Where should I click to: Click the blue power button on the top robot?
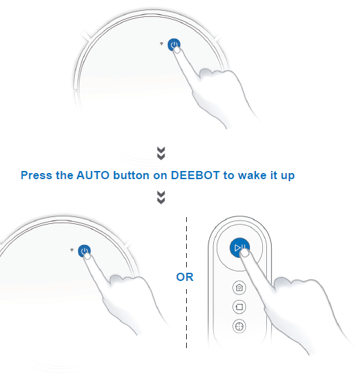point(174,45)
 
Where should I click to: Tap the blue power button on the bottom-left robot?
point(84,250)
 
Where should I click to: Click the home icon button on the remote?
point(239,288)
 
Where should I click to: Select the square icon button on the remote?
point(239,307)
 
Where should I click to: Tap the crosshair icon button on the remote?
point(239,326)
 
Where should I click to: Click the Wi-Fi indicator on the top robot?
point(162,43)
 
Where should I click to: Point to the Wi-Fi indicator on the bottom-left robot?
point(72,250)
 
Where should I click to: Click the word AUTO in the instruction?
point(93,175)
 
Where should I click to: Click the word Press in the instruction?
point(37,175)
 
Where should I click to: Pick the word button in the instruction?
point(131,175)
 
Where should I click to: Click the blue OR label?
point(185,277)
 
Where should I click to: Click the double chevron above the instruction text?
point(162,153)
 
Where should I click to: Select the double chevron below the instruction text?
point(162,197)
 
